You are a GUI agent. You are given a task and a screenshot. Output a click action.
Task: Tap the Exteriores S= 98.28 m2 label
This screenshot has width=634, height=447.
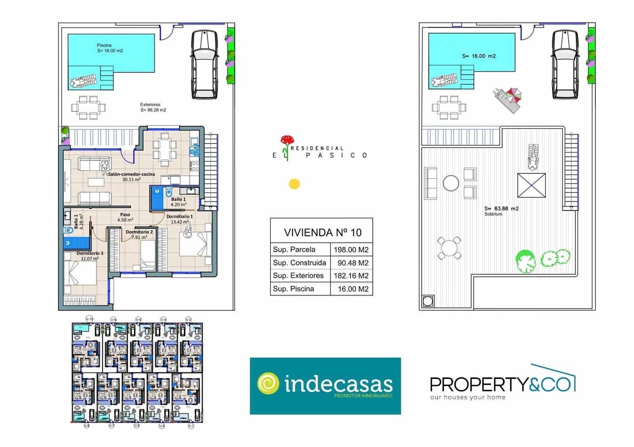tap(153, 107)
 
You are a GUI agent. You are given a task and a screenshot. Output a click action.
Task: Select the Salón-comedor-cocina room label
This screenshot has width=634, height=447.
tap(131, 176)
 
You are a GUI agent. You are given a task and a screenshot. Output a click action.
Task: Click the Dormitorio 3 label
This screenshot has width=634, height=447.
tap(90, 256)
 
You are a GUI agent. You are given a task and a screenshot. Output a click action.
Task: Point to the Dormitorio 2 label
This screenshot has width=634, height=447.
tap(139, 234)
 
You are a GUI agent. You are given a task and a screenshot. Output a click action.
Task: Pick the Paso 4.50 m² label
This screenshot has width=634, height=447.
tap(125, 217)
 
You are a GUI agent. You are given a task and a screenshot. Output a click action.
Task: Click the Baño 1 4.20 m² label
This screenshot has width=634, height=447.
tap(178, 202)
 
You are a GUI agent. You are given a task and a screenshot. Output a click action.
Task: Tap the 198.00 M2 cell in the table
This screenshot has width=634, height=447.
tap(351, 250)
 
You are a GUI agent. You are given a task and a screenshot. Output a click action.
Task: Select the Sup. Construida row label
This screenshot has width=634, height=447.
tap(300, 263)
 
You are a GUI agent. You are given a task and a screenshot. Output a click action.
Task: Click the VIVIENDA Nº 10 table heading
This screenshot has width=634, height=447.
tap(323, 232)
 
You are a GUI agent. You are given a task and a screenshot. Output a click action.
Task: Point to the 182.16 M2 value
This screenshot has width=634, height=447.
tap(351, 276)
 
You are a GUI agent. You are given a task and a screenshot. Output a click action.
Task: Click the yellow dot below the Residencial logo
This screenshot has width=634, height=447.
tap(294, 184)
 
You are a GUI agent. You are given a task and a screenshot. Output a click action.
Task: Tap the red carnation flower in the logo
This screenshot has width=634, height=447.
tap(287, 140)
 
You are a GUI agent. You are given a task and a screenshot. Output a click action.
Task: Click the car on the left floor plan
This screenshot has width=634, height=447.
tap(204, 64)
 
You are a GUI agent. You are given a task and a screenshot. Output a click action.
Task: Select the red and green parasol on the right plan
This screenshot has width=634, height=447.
tap(514, 95)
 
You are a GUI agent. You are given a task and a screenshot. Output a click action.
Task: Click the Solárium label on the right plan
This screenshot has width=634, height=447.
tap(493, 214)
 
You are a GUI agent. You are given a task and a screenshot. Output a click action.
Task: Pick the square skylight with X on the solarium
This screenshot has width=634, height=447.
tap(531, 185)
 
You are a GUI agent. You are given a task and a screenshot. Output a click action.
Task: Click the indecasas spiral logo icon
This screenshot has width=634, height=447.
tap(268, 383)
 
